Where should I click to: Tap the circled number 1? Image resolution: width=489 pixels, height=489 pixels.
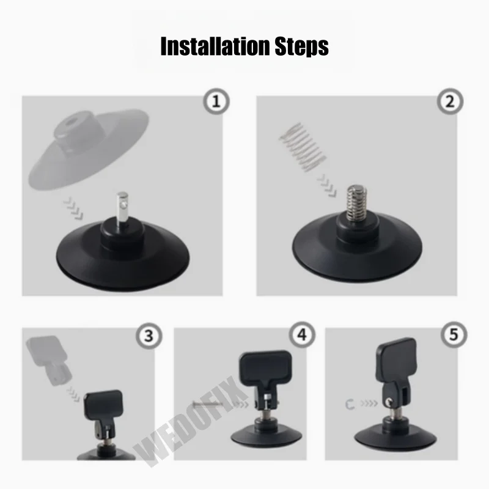point(216,102)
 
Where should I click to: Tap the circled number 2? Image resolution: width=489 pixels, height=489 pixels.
point(450,102)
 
